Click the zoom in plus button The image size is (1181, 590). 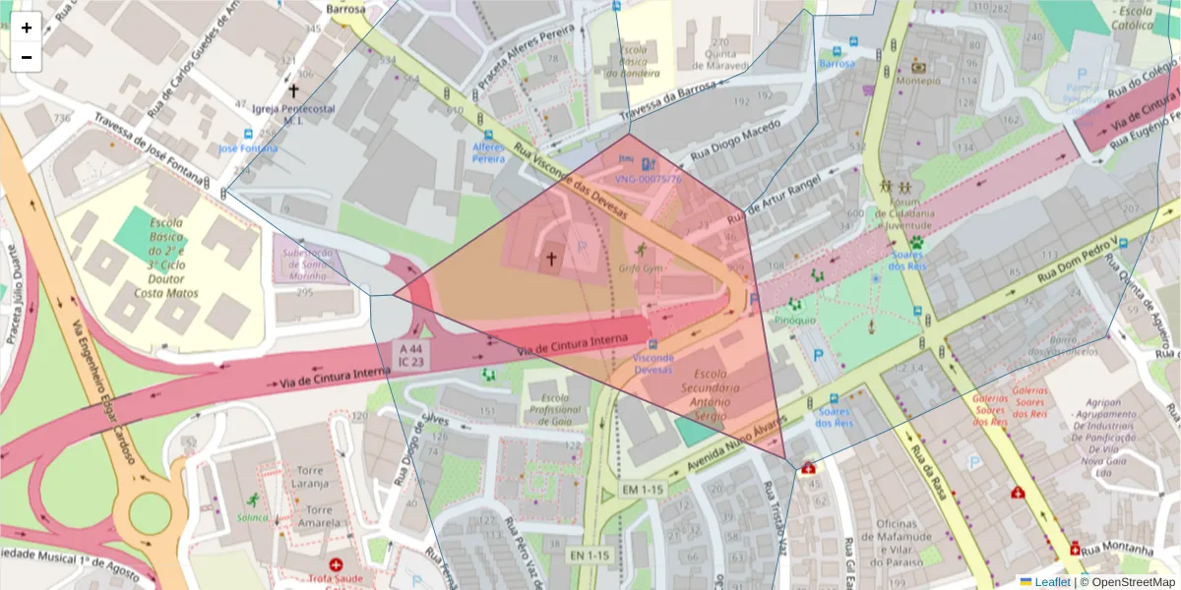26,28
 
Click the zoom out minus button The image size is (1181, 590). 26,57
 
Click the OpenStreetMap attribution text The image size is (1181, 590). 1132,582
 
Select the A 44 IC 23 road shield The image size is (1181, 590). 411,355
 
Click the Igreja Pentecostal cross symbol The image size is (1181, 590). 293,89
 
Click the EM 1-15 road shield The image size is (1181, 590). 643,489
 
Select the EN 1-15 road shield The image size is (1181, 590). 590,556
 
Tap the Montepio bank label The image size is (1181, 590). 917,82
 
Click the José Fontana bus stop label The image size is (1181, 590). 248,148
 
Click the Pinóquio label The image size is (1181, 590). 794,319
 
